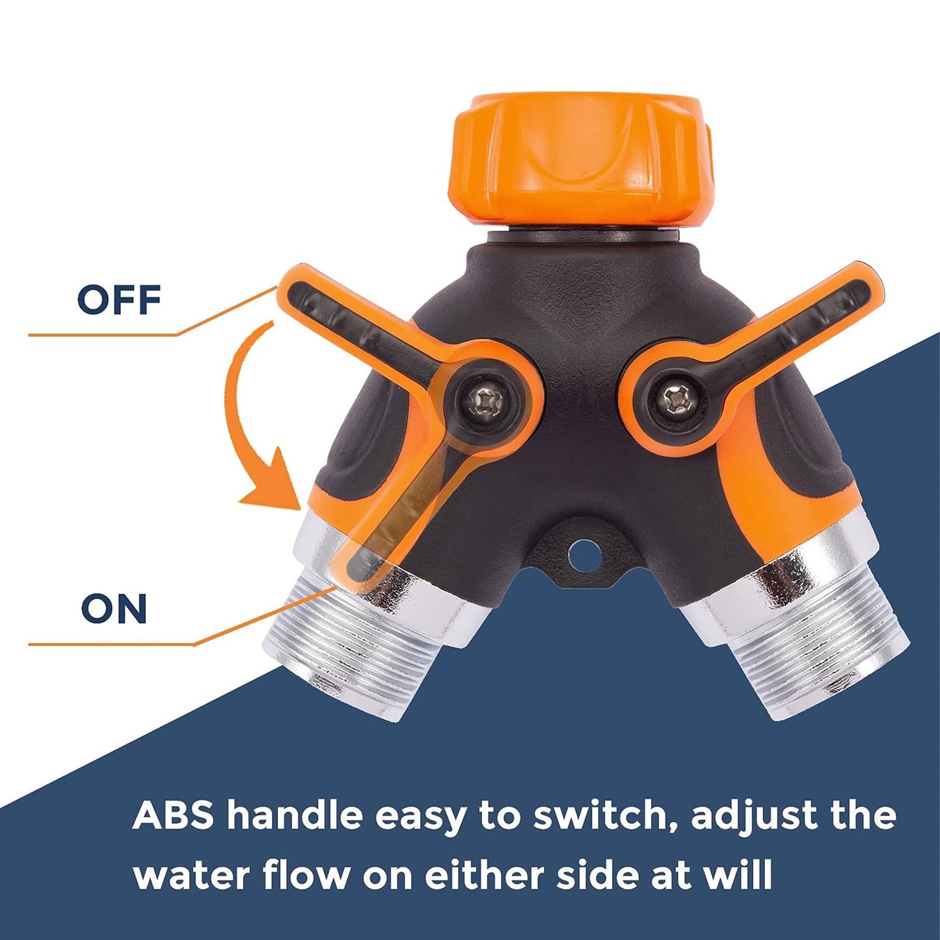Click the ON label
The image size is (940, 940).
click(x=114, y=609)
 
